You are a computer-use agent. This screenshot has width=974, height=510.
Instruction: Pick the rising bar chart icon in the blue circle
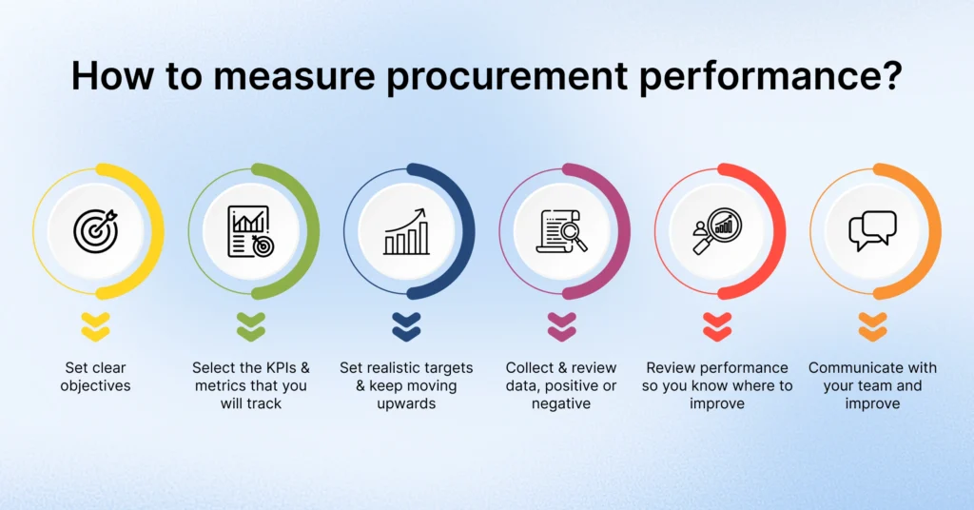(x=406, y=231)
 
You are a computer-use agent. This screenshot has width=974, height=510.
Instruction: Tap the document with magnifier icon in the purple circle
(x=562, y=231)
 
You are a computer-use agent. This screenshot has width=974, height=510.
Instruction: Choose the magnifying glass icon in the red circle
(x=717, y=231)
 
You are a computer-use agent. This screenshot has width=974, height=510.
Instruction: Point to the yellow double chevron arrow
(x=95, y=326)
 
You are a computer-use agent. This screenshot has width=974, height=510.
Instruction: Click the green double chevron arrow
(x=251, y=326)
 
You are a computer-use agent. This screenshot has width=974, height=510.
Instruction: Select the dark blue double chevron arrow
(x=406, y=326)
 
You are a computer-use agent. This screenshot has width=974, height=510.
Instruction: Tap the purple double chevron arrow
(x=562, y=326)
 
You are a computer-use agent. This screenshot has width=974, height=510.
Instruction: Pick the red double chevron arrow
(x=717, y=326)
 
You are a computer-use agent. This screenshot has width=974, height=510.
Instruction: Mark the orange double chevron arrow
(x=872, y=326)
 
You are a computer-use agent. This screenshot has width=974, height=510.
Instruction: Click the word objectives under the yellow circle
(x=95, y=386)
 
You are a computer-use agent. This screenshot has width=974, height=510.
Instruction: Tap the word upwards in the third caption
(x=405, y=404)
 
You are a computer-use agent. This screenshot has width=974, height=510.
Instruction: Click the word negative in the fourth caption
(x=561, y=404)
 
